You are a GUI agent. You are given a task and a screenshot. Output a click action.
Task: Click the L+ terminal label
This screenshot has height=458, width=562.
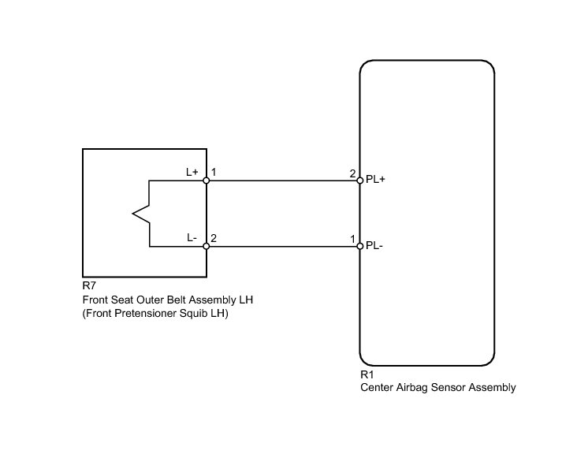(x=192, y=172)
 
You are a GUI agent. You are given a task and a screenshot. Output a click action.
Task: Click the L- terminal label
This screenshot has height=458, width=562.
(x=192, y=237)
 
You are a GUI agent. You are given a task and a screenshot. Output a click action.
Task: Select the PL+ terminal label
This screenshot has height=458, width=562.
(x=375, y=180)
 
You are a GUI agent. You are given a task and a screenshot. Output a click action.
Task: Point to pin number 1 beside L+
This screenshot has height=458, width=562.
(x=214, y=172)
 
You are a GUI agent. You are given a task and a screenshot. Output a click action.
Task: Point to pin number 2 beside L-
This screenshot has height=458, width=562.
(x=214, y=237)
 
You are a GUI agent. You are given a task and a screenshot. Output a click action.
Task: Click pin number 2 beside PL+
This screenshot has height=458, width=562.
(x=352, y=172)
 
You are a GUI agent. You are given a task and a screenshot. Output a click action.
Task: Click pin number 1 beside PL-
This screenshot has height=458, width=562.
(x=352, y=237)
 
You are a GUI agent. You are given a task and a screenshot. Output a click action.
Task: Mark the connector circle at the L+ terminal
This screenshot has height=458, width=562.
(x=207, y=181)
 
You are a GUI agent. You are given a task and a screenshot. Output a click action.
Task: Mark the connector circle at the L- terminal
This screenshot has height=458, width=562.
(x=207, y=247)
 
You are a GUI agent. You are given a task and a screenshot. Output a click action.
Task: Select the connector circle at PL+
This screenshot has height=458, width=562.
(x=360, y=181)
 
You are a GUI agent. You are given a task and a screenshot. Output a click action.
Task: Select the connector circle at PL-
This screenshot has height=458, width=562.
(x=360, y=247)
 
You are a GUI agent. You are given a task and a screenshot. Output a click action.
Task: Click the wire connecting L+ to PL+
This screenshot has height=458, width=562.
(x=284, y=181)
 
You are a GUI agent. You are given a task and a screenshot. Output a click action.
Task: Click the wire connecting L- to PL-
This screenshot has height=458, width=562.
(x=284, y=247)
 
